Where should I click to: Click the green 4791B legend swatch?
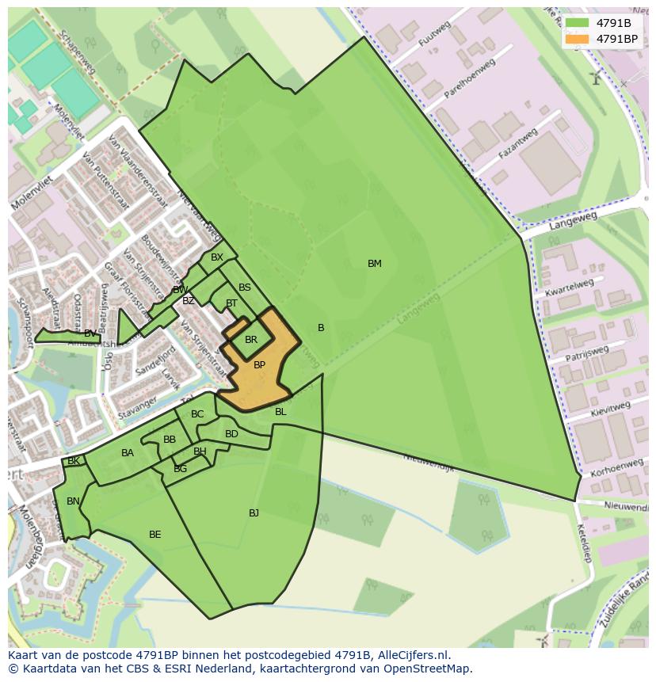click(577, 24)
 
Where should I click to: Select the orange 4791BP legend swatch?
click(577, 39)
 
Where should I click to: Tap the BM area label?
click(375, 264)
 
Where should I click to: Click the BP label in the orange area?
click(259, 365)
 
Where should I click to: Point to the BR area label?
click(251, 340)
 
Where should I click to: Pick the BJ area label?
click(254, 513)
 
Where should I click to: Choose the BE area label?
click(155, 535)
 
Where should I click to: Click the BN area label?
click(73, 501)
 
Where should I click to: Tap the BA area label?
click(128, 453)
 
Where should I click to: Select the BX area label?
click(217, 257)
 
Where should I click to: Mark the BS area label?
click(245, 288)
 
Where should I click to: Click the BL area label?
click(280, 412)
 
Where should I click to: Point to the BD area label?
click(231, 434)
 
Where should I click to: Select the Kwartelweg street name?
click(569, 288)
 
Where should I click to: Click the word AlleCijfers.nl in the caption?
click(411, 655)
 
